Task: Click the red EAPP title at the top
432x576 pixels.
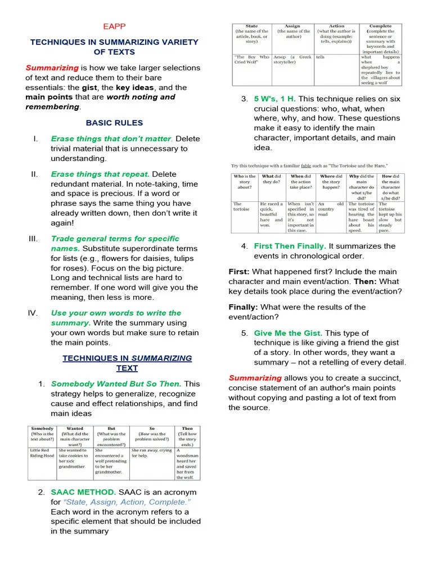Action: pyautogui.click(x=114, y=26)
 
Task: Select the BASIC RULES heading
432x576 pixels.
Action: pyautogui.click(x=114, y=123)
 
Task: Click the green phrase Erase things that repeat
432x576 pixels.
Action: pyautogui.click(x=100, y=174)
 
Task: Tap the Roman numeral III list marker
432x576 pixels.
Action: pyautogui.click(x=33, y=238)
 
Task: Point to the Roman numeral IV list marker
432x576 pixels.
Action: pyautogui.click(x=33, y=313)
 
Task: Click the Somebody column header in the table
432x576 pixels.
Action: pyautogui.click(x=42, y=431)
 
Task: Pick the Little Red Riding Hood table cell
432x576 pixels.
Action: pyautogui.click(x=42, y=453)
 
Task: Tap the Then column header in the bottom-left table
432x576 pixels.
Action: pyautogui.click(x=187, y=431)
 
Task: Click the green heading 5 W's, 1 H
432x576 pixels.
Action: pyautogui.click(x=274, y=99)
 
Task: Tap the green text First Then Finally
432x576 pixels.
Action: pyautogui.click(x=290, y=246)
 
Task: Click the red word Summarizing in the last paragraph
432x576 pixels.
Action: pyautogui.click(x=255, y=378)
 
